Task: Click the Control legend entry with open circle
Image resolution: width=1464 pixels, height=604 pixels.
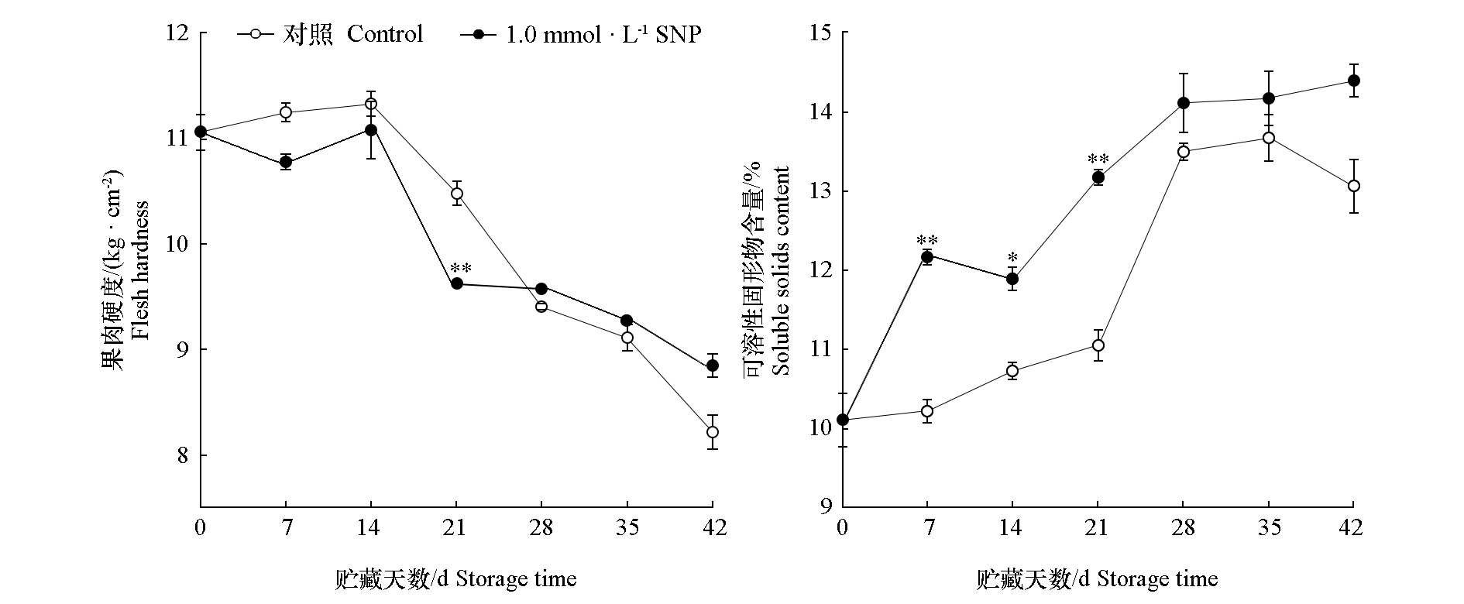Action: coord(333,35)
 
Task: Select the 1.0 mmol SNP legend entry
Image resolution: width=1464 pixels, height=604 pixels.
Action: coord(581,35)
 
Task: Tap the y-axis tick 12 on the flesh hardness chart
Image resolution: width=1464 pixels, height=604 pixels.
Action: coord(177,33)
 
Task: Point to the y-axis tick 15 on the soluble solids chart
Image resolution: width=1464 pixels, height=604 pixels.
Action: coord(820,33)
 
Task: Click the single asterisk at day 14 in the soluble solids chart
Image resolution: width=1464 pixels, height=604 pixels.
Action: coord(1012,258)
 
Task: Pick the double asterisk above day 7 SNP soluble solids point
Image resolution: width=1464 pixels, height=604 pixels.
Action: coord(927,240)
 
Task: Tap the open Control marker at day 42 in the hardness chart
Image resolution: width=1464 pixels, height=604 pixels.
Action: coord(713,432)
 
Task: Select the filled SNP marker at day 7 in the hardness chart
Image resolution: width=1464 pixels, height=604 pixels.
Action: coord(286,162)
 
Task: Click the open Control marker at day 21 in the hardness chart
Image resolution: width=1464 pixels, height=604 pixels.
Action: coord(457,193)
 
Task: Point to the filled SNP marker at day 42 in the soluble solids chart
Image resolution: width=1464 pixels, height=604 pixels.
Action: coord(1354,81)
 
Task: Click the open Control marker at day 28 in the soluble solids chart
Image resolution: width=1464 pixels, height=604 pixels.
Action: coord(1184,151)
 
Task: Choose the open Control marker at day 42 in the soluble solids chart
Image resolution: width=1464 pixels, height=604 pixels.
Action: coord(1354,186)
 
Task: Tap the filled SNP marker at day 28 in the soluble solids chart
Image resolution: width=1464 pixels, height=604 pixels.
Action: coord(1184,103)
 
